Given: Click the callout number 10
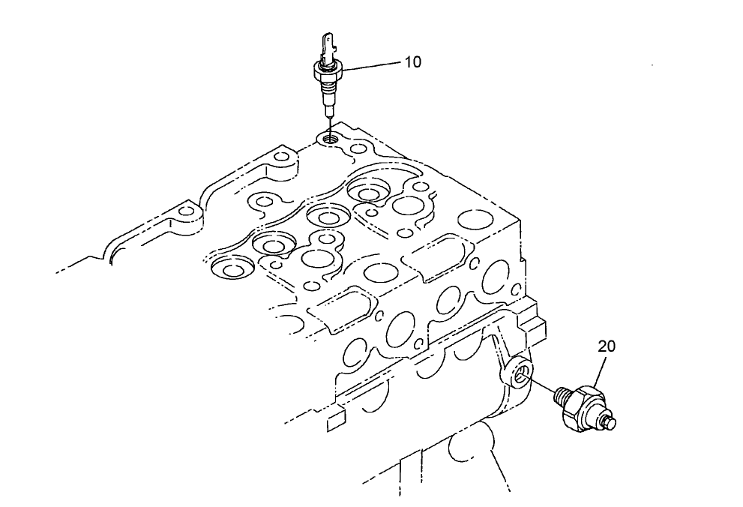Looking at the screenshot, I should pos(412,62).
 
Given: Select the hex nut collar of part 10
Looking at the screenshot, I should pos(328,71).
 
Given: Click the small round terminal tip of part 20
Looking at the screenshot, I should pos(611,424).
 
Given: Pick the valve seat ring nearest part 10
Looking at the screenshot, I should pos(369,192).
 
